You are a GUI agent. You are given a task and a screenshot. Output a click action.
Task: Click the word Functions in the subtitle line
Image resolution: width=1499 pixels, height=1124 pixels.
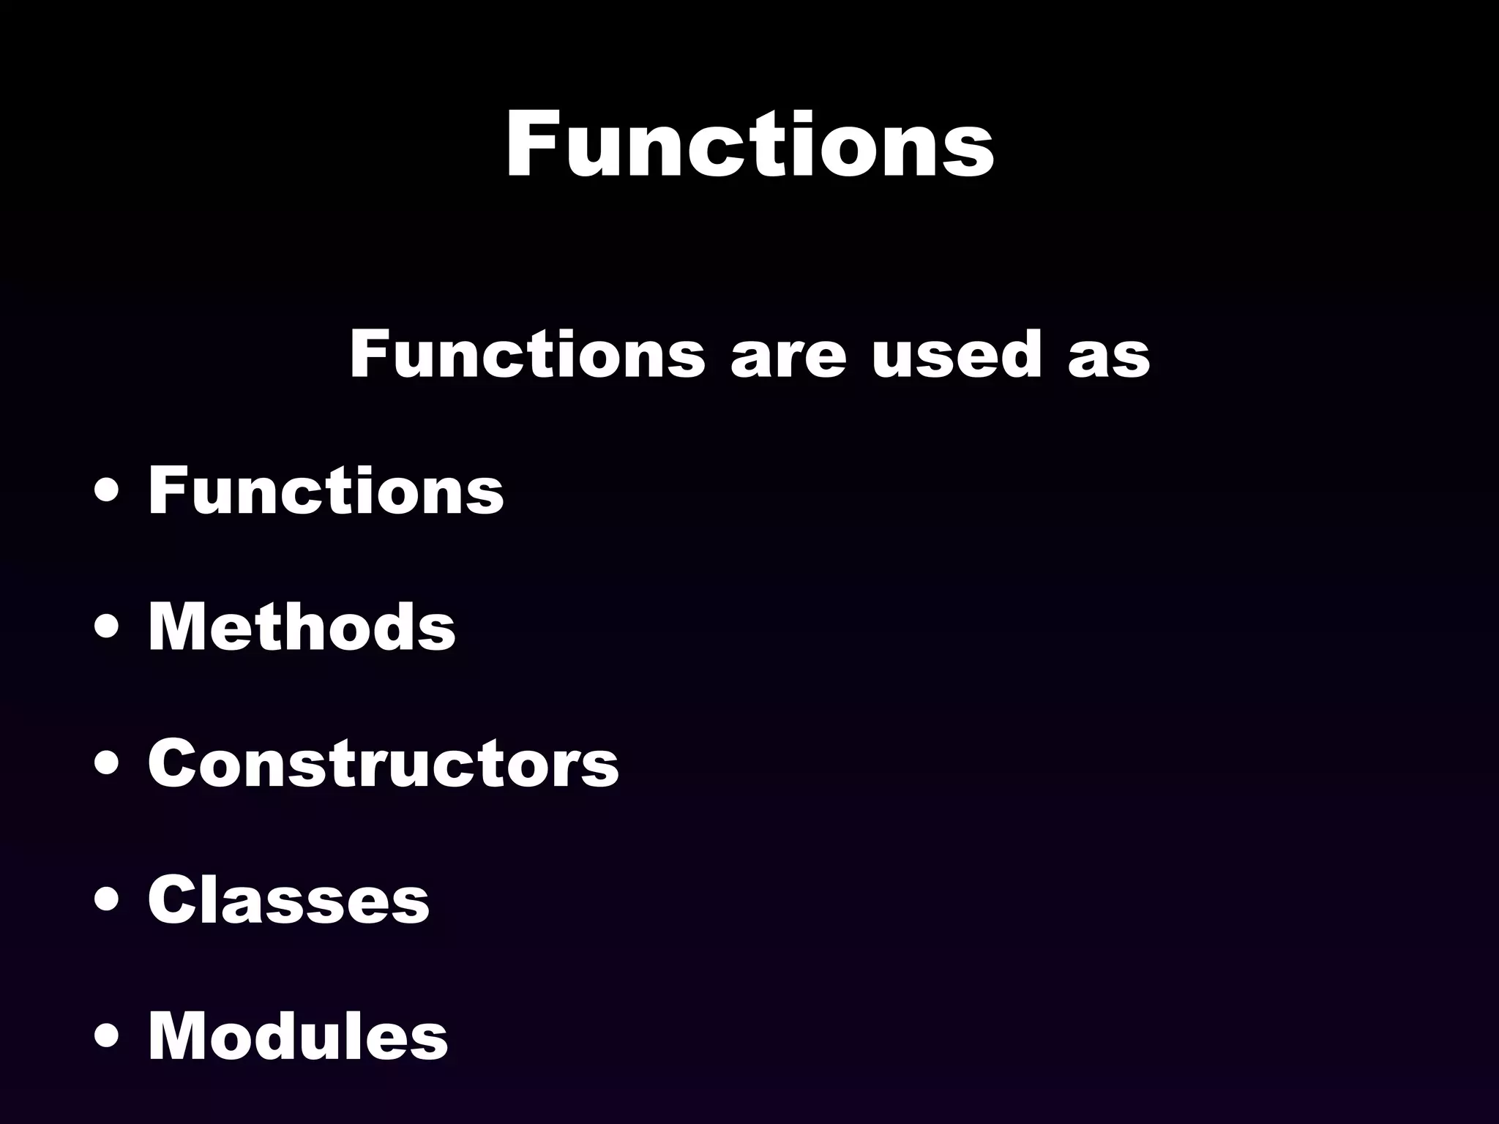[x=527, y=354]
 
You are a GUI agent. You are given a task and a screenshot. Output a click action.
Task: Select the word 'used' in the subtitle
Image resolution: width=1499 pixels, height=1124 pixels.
[x=956, y=354]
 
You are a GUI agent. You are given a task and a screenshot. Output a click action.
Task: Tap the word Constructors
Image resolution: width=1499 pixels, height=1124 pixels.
[x=384, y=763]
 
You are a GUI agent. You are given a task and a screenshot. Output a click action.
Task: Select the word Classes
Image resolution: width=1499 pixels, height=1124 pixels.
[x=288, y=899]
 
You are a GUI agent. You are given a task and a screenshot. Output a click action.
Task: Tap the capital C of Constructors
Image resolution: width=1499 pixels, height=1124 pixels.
[x=174, y=763]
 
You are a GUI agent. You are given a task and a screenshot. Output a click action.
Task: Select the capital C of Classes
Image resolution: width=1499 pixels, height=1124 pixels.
[x=174, y=899]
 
